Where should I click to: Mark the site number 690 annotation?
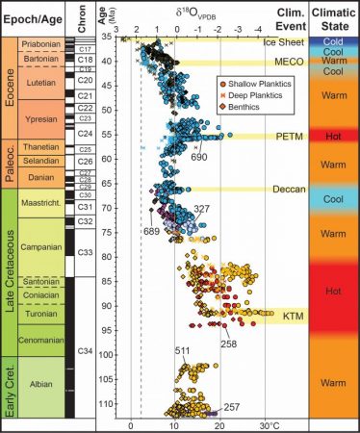pyautogui.click(x=198, y=156)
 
